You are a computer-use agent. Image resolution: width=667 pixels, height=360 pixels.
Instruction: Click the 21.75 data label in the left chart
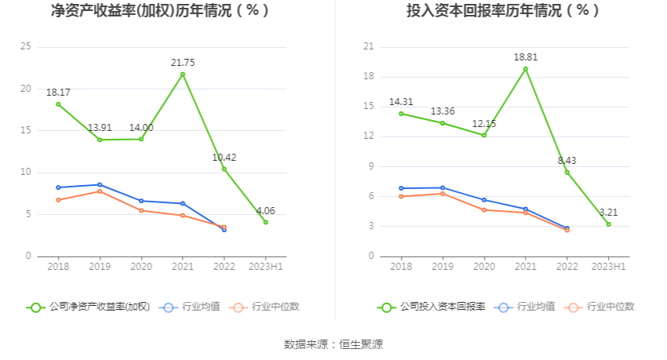click(x=182, y=62)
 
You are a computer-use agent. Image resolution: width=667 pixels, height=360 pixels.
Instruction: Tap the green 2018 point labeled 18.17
click(x=58, y=104)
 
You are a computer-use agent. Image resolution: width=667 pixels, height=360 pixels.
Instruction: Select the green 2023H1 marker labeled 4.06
click(x=265, y=222)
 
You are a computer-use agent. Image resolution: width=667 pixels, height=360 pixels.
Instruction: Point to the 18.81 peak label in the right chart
click(x=526, y=57)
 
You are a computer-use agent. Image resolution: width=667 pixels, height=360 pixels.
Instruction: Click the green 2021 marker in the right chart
click(x=526, y=69)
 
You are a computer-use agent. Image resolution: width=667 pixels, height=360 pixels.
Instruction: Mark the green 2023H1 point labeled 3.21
click(x=608, y=224)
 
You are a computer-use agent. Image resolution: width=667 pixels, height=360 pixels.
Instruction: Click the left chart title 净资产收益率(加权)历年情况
click(x=159, y=11)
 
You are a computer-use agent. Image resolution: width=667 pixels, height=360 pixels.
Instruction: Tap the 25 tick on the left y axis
click(x=26, y=47)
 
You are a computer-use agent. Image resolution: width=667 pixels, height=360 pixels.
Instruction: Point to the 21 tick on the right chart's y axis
click(x=368, y=47)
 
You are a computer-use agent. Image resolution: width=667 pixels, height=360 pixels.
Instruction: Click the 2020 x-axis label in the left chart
click(x=141, y=267)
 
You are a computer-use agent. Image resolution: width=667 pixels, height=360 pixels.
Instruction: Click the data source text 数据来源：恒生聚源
click(x=333, y=344)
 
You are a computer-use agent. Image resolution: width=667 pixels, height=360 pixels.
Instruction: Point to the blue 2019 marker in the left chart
click(x=100, y=185)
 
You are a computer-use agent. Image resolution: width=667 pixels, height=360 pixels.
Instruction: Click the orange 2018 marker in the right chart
click(x=401, y=196)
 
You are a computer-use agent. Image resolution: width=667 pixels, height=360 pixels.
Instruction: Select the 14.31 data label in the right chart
click(x=401, y=102)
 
